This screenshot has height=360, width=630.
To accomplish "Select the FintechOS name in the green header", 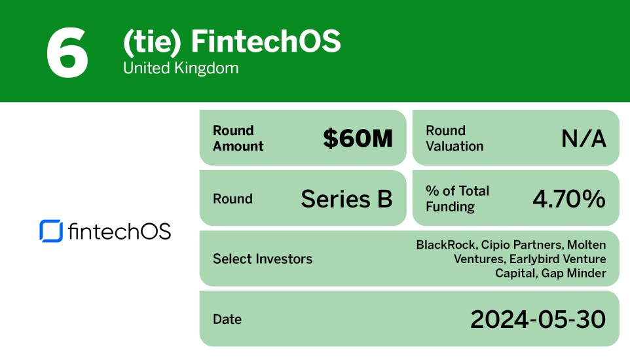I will coord(265,42).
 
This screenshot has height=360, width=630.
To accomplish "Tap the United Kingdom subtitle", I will coord(181,68).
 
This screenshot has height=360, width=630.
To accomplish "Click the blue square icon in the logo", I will coord(51,231).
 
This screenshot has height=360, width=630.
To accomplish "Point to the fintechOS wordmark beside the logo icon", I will coord(119,231).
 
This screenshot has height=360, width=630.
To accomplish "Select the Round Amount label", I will coord(238,138).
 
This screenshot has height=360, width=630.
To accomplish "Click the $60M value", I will coord(358,138).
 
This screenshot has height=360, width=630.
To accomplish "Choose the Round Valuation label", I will coord(454,138).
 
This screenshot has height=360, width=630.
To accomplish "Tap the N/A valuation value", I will coord(584,138).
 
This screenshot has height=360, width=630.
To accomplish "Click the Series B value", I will coord(346,199).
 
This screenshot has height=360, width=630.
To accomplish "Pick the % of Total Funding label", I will coord(458,199).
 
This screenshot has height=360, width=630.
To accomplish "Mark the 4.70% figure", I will coord(569,199).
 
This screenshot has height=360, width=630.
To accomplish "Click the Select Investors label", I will coord(263,259).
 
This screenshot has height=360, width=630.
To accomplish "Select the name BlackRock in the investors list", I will coord(445,245).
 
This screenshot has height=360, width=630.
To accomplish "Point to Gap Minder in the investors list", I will coord(574,273).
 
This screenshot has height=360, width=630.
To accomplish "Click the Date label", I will coord(227,319).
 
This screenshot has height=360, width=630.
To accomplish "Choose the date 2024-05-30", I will coord(538,319).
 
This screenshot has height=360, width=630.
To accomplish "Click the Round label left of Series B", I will coord(232,199).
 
